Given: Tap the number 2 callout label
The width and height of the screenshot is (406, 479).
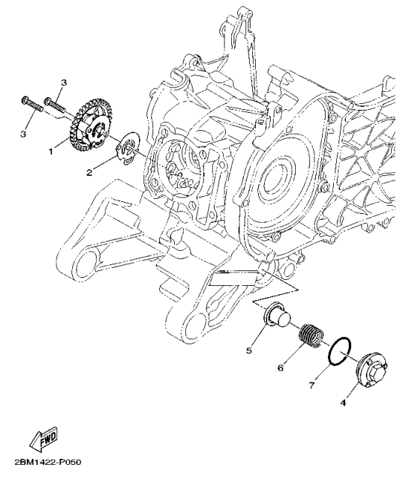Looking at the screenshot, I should tap(90, 172).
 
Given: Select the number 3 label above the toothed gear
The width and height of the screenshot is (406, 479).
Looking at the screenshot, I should tap(64, 82).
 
